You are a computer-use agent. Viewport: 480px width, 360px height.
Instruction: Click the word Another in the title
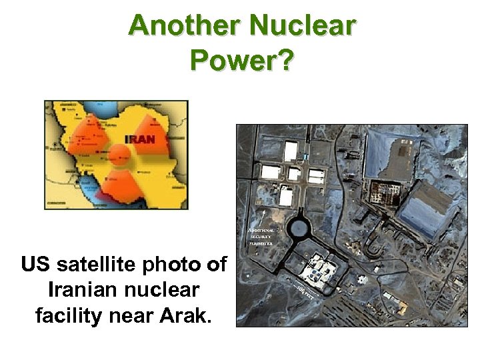click(x=184, y=26)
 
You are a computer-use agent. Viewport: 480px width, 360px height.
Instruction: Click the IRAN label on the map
click(x=139, y=139)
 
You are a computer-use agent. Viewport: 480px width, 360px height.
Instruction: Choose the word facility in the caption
click(x=68, y=315)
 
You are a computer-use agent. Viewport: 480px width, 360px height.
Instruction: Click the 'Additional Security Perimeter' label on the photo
click(x=260, y=236)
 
